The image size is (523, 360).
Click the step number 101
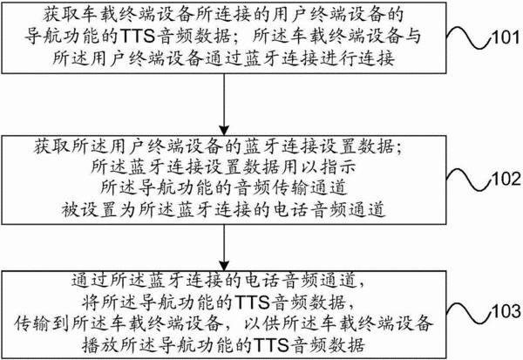tap(506, 37)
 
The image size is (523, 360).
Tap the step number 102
tap(506, 179)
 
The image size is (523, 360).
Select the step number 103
tap(506, 311)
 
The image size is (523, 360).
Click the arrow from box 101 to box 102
tap(224, 104)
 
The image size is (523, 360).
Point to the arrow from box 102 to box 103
tap(224, 248)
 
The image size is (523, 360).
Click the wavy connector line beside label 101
tap(469, 37)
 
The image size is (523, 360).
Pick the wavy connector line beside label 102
tap(469, 180)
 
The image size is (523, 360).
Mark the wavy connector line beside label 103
tap(469, 312)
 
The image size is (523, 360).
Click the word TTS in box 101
tap(137, 37)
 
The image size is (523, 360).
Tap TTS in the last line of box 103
tap(271, 345)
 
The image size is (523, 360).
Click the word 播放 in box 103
tap(99, 345)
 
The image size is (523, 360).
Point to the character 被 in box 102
tap(71, 209)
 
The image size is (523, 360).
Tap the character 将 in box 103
tap(91, 302)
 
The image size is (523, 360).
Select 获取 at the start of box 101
tap(60, 15)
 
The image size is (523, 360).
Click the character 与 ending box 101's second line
tap(413, 37)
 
